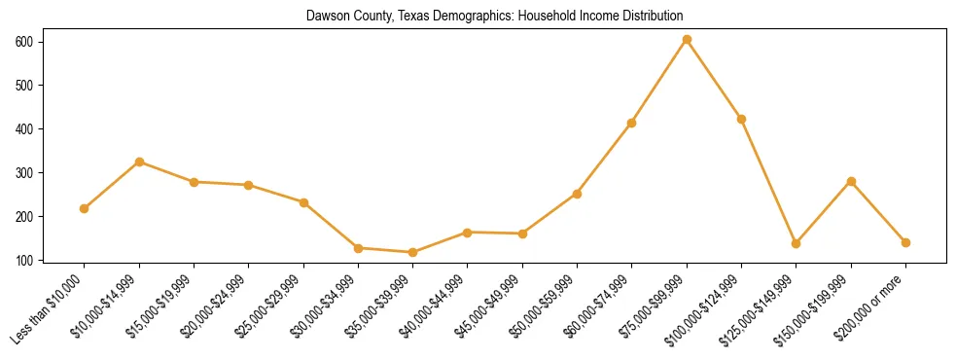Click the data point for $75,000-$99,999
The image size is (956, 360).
coord(687,40)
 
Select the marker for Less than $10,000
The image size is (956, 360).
coord(85,208)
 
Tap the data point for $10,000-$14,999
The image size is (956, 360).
coord(139,162)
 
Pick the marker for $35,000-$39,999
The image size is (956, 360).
coord(413,252)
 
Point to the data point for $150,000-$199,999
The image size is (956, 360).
coord(851,181)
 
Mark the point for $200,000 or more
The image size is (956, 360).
coord(905,242)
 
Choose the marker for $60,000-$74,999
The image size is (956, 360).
coord(632,123)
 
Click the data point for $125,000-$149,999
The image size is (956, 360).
coord(797,243)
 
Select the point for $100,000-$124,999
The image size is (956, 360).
coord(741,119)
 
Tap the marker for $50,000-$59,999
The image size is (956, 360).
coord(577,194)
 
